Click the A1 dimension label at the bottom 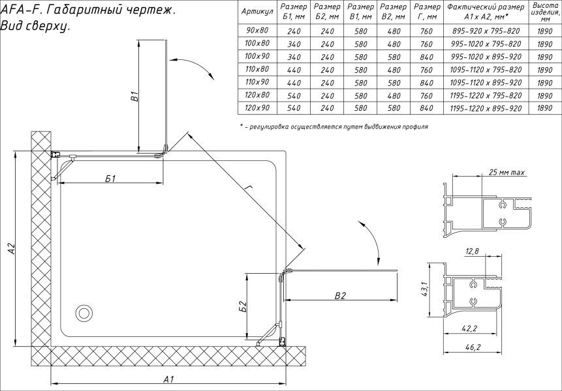click(168, 379)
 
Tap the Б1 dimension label click(110, 179)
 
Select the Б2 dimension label click(242, 305)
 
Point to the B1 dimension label click(133, 98)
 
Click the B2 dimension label click(339, 295)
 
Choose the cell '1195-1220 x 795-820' click(484, 95)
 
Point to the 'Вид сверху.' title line click(36, 27)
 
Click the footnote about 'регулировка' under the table click(334, 126)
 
